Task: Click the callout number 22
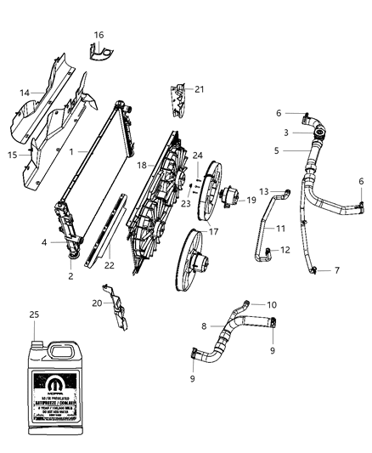[x=109, y=265]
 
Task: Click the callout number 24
[x=197, y=155]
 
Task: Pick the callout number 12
[x=285, y=250]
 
